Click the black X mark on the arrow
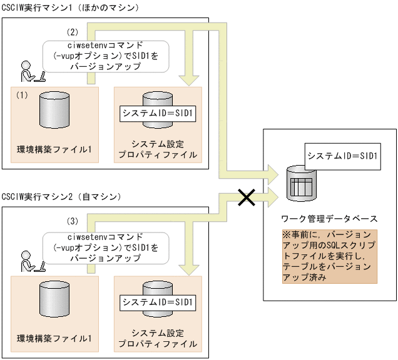tap(247, 198)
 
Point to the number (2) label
tap(73, 31)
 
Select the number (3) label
tap(73, 221)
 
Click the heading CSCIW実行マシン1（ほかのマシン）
tap(70, 7)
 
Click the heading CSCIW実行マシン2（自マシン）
tap(61, 197)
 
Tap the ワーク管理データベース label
tap(329, 219)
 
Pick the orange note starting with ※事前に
tap(329, 257)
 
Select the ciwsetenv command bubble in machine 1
tap(106, 56)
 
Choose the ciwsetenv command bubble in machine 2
tap(106, 246)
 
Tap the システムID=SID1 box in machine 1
tap(158, 114)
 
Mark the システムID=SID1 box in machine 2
tap(158, 304)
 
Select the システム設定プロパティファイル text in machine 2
tap(159, 338)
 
